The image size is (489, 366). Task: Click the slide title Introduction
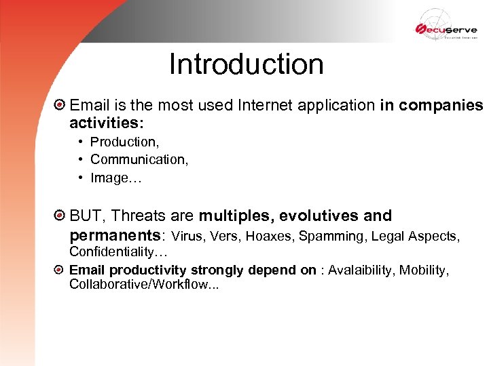(x=246, y=65)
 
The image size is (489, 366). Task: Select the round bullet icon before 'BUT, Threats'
(x=60, y=216)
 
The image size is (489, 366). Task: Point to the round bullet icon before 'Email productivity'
(x=60, y=270)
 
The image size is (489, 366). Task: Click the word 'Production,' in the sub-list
(x=124, y=142)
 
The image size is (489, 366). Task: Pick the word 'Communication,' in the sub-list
(x=139, y=160)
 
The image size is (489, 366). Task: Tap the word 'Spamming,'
(x=329, y=237)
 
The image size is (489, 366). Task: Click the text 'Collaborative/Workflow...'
(x=144, y=285)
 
